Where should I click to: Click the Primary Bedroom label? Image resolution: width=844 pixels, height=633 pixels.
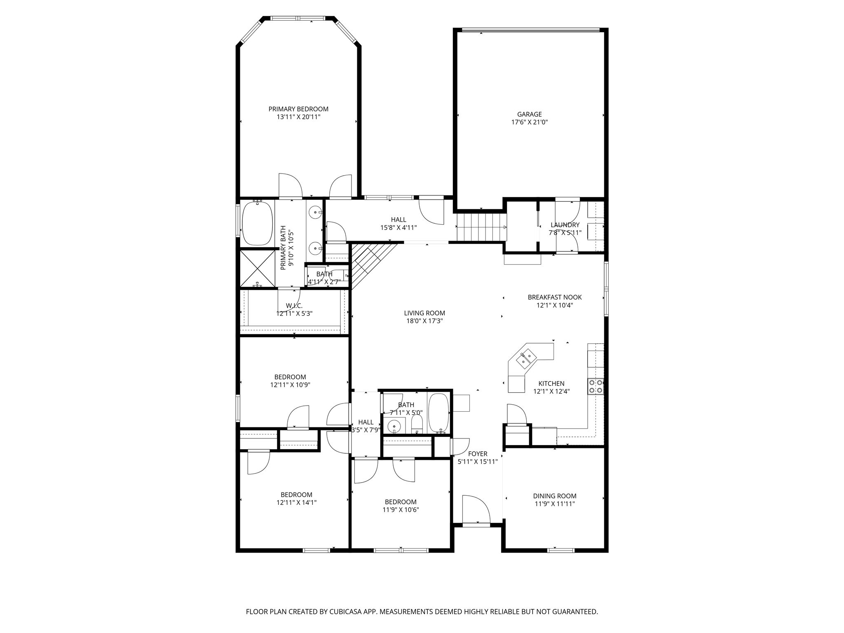tap(298, 109)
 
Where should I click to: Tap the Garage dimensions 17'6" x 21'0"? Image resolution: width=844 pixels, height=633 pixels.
tap(530, 122)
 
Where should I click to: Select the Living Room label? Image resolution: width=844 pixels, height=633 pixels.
tap(424, 313)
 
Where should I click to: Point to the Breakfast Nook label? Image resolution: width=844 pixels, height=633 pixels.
tap(555, 297)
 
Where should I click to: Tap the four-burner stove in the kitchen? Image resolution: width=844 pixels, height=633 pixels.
tap(595, 386)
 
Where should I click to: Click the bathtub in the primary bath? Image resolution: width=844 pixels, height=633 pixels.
tap(258, 223)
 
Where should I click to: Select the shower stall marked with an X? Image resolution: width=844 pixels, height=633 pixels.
tap(258, 268)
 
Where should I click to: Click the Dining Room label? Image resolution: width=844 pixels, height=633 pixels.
tap(555, 496)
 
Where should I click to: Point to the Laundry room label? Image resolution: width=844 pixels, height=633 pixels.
tap(565, 225)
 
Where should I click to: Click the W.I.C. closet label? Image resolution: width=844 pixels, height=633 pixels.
tap(294, 306)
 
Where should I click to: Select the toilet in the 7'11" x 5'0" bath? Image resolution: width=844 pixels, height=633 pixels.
tap(417, 423)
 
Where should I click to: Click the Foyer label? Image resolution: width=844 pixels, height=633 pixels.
tap(478, 454)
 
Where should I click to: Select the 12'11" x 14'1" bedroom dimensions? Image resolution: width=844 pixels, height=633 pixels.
tap(296, 503)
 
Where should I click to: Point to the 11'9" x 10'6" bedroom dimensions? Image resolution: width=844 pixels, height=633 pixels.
tap(401, 510)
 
